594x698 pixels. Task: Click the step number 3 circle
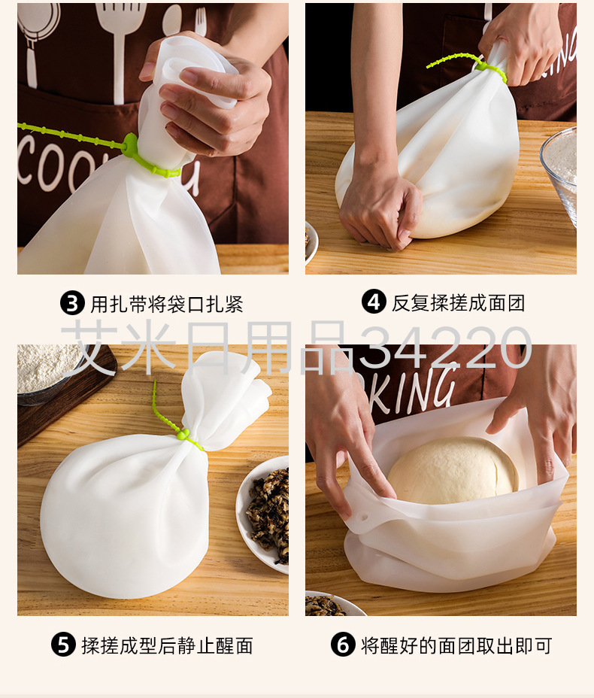click(x=72, y=303)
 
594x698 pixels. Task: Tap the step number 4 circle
click(x=373, y=302)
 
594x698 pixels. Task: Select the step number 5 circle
click(x=63, y=645)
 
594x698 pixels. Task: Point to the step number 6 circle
click(x=343, y=645)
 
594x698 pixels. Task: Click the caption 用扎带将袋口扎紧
click(x=167, y=304)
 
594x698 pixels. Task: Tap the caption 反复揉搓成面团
click(x=459, y=302)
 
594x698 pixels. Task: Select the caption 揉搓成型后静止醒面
click(x=168, y=645)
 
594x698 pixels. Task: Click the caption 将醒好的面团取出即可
click(x=456, y=645)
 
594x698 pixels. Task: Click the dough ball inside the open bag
click(x=453, y=470)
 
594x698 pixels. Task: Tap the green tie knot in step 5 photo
click(x=183, y=433)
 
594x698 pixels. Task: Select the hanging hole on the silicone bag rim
click(x=365, y=517)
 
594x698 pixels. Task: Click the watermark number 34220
click(x=445, y=347)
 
